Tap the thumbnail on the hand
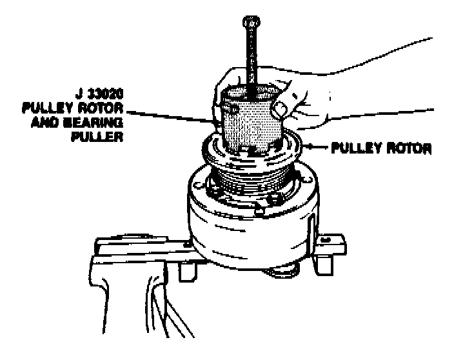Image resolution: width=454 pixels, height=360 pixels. [x=279, y=110]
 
